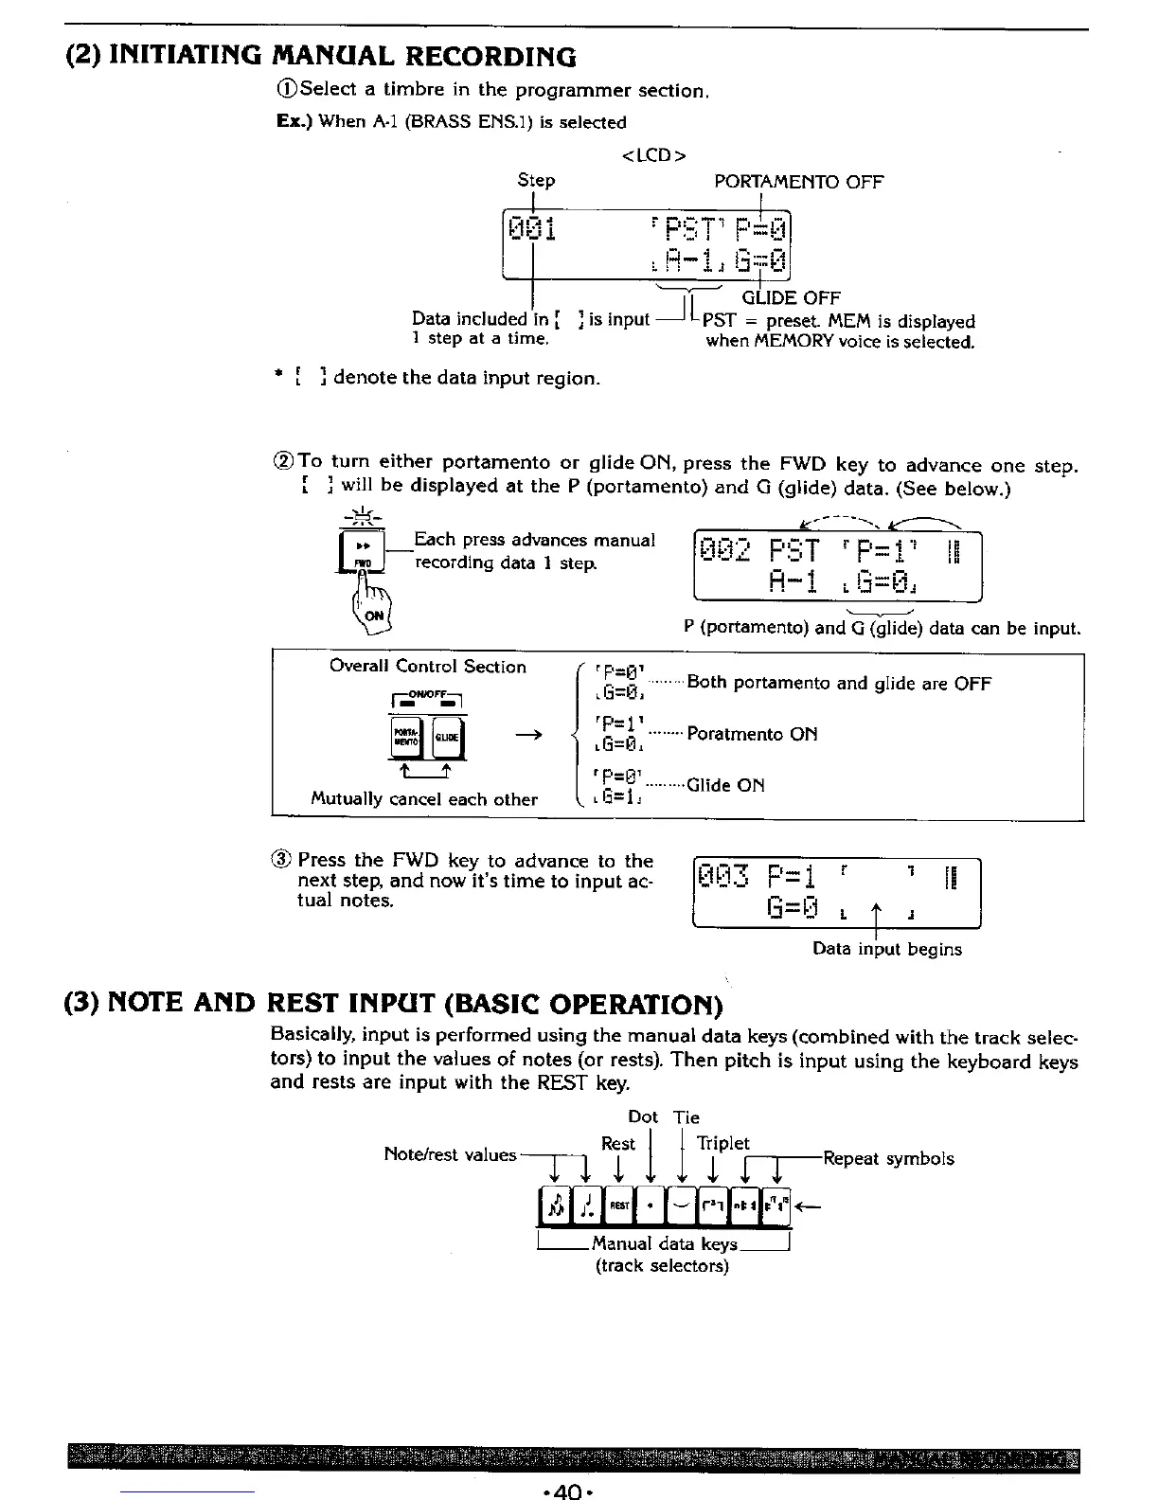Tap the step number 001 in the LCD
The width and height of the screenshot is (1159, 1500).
tap(532, 229)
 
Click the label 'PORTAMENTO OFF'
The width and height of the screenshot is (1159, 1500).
tap(798, 182)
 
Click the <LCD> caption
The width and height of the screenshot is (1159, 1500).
tap(653, 154)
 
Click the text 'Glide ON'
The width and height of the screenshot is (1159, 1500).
tap(725, 785)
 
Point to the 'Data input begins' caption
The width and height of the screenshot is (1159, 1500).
tap(887, 949)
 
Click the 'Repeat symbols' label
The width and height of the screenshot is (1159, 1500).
tap(888, 1158)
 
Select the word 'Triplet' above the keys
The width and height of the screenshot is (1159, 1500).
tap(722, 1143)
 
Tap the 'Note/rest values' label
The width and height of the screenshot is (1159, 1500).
tap(450, 1154)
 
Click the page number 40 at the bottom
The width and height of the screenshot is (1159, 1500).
tap(565, 1489)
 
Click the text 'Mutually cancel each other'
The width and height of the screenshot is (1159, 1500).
tap(424, 799)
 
